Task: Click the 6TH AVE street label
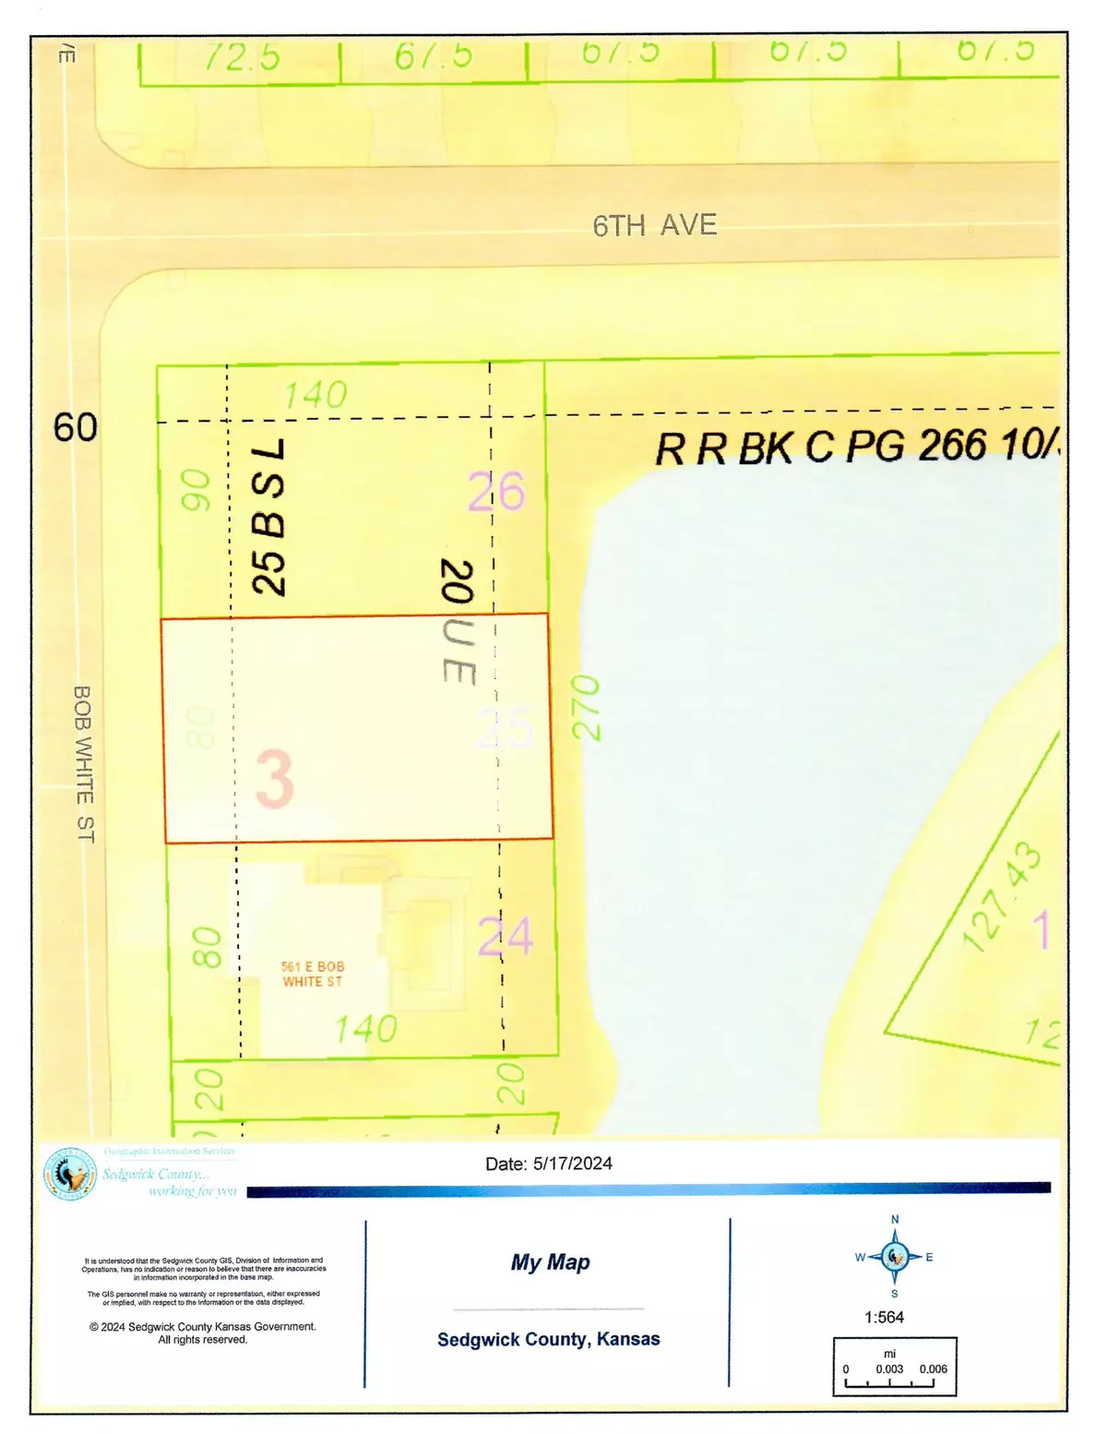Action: point(654,225)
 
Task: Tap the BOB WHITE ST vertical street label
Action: point(84,763)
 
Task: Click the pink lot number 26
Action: point(496,491)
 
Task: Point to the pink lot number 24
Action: point(506,937)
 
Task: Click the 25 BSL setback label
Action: point(269,517)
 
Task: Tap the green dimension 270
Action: point(587,708)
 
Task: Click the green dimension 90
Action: point(196,490)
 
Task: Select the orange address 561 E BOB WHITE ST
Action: point(313,974)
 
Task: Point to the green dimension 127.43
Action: point(1002,896)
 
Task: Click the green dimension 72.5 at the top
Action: point(242,57)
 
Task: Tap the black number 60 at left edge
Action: point(75,427)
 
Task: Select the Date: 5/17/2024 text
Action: point(549,1164)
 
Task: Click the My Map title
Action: point(551,1261)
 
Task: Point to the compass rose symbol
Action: point(894,1256)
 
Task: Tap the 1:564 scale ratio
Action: point(884,1317)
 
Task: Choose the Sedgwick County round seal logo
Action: point(70,1174)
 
